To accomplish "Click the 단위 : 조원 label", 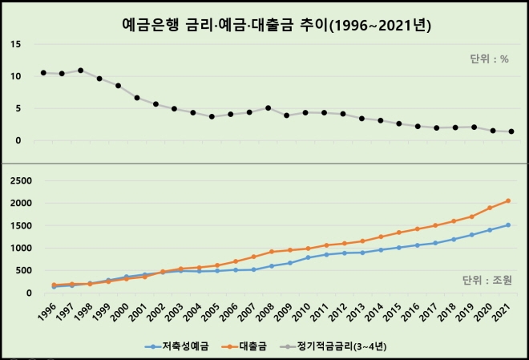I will click(487, 280).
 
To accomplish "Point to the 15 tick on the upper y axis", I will click(16, 44).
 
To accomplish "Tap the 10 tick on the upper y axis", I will click(16, 76).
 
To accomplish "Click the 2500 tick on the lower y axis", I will click(19, 180).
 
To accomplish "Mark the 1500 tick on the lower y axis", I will click(19, 225).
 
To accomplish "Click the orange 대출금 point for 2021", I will click(508, 200).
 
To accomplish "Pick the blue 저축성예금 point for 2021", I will click(508, 224).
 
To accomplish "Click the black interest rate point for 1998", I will click(81, 71).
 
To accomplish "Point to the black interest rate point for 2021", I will click(511, 131).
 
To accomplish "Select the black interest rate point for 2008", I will click(268, 107).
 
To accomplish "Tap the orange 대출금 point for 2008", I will click(273, 252).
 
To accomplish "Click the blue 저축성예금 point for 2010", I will click(308, 257).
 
